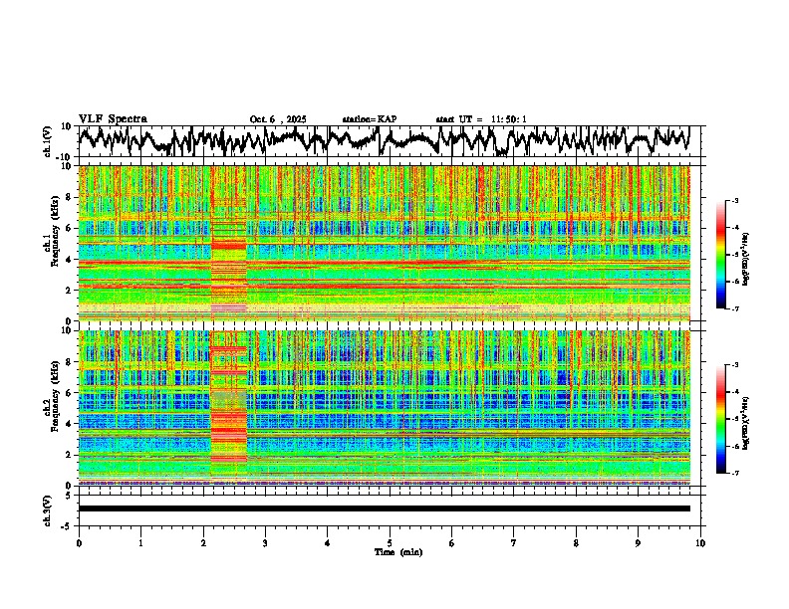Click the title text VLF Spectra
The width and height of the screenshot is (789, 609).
click(x=113, y=118)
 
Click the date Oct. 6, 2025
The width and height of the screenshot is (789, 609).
click(x=278, y=119)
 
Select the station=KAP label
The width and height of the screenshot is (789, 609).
click(x=369, y=119)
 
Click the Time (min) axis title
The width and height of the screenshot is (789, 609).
click(x=390, y=551)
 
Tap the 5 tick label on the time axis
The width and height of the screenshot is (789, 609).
click(x=390, y=542)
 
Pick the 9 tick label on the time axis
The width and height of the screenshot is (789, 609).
click(x=639, y=542)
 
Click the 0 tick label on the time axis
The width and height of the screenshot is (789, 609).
click(x=79, y=542)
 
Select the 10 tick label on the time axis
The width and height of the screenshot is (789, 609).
click(x=700, y=542)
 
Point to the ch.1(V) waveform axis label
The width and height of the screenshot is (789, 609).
click(x=49, y=141)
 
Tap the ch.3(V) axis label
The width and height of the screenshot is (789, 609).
click(x=49, y=508)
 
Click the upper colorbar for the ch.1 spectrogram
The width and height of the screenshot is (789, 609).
click(x=732, y=255)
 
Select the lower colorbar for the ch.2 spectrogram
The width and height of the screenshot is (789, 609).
click(x=732, y=419)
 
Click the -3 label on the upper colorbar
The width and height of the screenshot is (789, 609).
click(x=745, y=201)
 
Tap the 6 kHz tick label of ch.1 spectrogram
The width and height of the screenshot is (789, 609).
click(x=69, y=228)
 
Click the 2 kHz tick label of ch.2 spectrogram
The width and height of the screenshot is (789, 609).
click(x=69, y=454)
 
